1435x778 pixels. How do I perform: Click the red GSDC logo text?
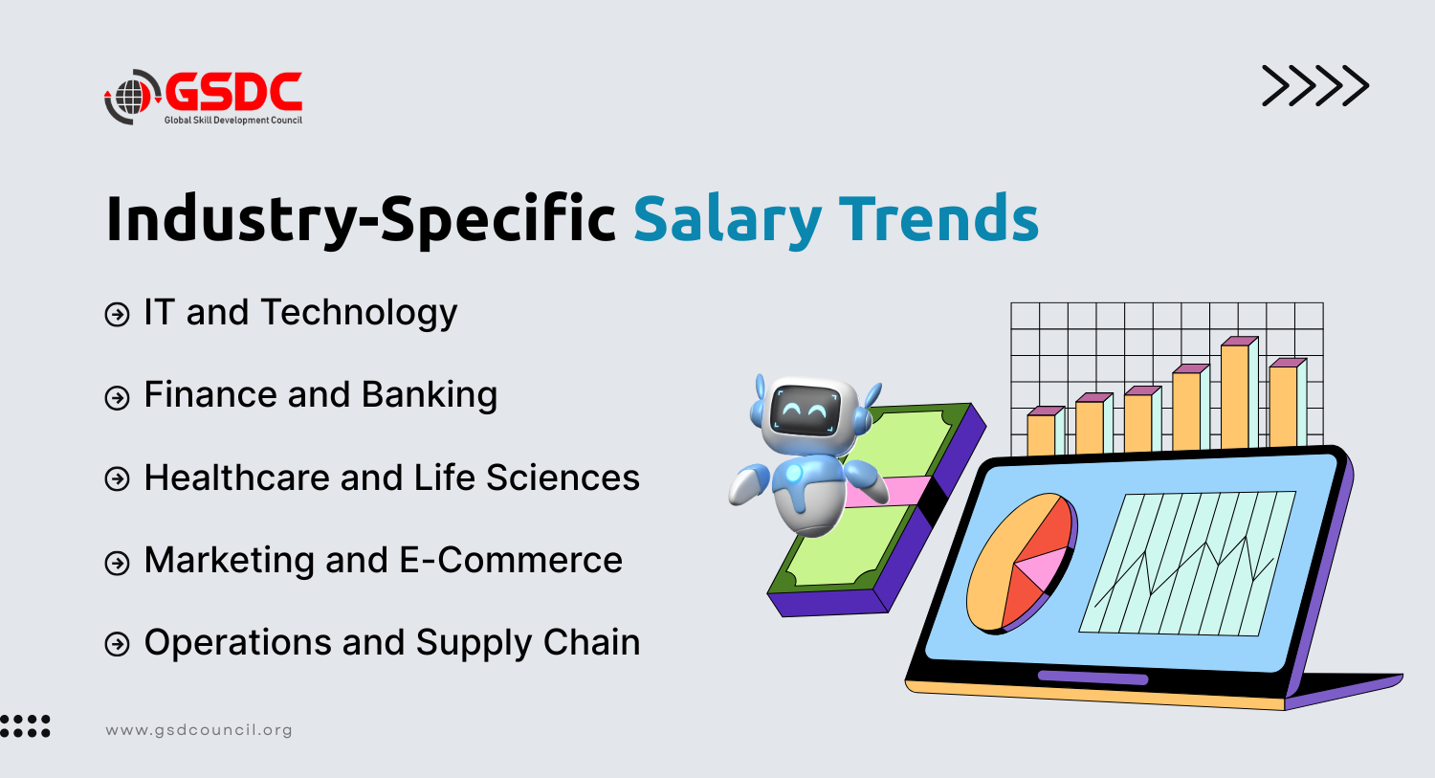coord(233,91)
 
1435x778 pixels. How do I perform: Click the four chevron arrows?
coord(1315,85)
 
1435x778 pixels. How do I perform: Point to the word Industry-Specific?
coord(361,219)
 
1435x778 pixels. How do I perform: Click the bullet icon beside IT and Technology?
coord(118,315)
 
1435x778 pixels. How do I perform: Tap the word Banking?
coord(430,394)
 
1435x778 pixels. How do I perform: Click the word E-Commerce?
coord(511,560)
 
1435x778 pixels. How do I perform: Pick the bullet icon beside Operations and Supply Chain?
coord(118,644)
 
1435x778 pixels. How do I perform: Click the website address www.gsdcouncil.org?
coord(199,730)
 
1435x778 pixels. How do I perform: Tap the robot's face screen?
coord(805,411)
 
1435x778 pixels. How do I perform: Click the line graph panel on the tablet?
coord(1188,564)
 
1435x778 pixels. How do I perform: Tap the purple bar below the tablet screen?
coord(1093,678)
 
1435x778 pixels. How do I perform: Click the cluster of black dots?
coord(25,726)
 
